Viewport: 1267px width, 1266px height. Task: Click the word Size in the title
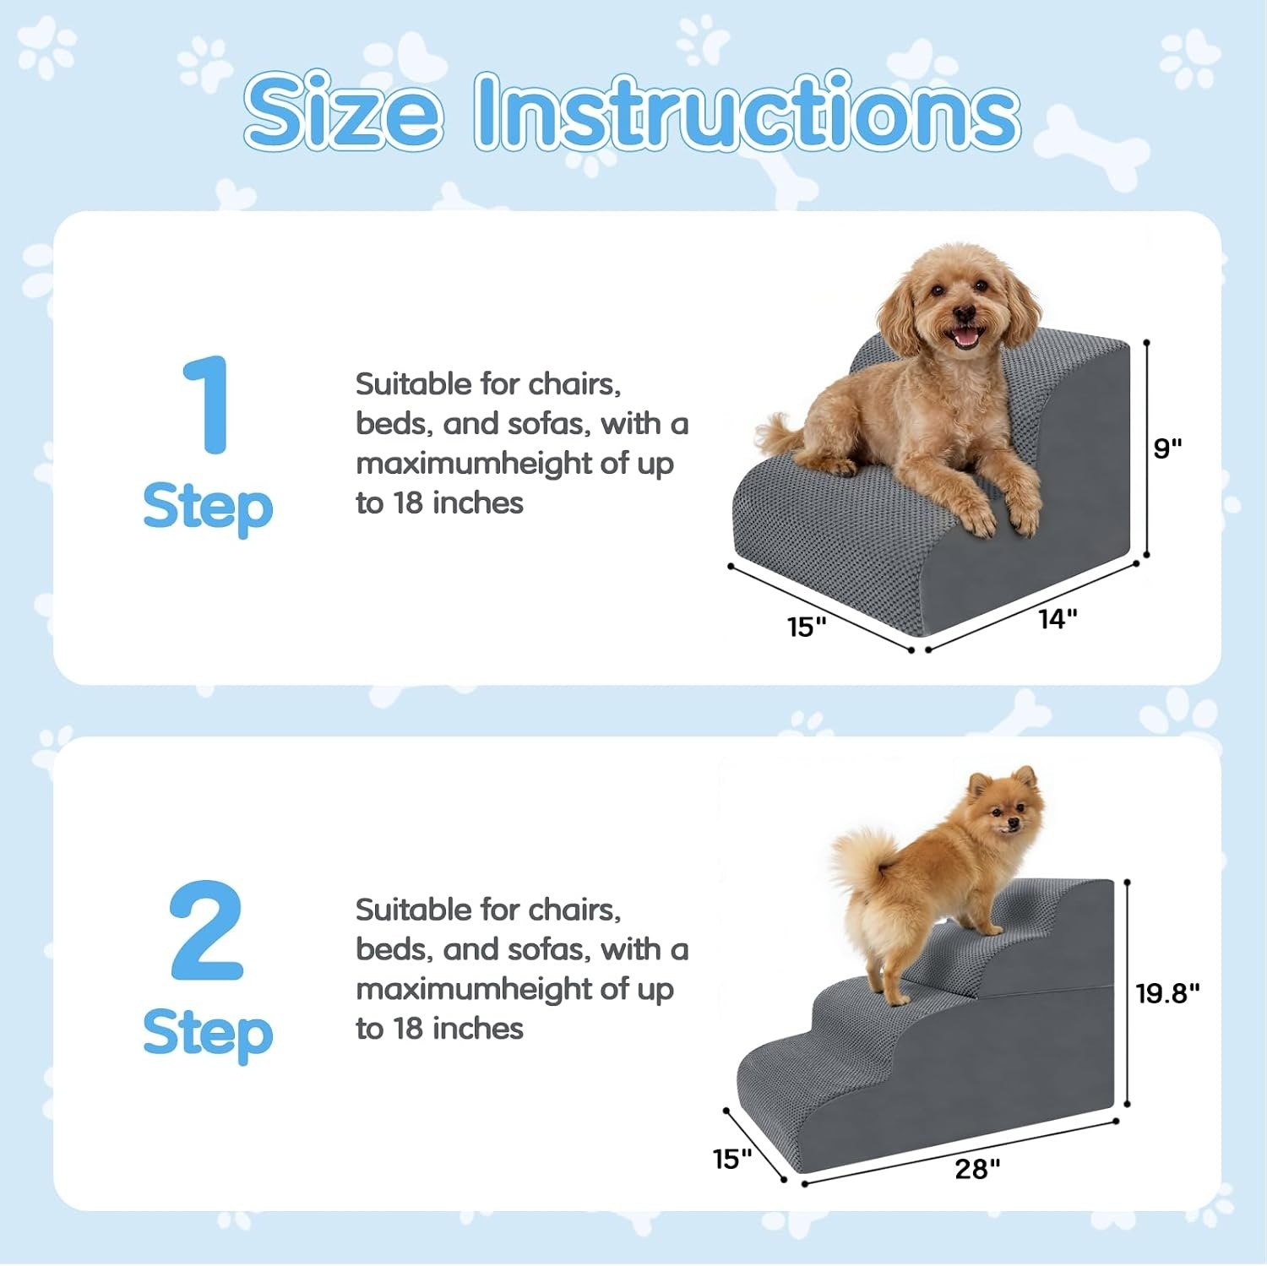point(343,111)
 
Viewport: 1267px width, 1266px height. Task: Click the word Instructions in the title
point(747,110)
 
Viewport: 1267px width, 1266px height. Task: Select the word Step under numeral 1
point(208,508)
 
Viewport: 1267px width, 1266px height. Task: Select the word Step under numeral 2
point(208,1035)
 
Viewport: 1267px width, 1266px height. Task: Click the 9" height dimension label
point(1167,448)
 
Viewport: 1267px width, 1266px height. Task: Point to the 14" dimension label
point(1058,619)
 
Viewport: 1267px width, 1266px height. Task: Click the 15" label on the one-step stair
point(807,627)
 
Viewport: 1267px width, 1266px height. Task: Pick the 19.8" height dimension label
point(1167,993)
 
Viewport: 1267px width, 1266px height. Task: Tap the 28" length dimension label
point(977,1169)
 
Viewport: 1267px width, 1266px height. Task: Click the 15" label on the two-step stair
point(732,1159)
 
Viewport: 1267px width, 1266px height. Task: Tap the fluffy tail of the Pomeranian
point(862,862)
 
